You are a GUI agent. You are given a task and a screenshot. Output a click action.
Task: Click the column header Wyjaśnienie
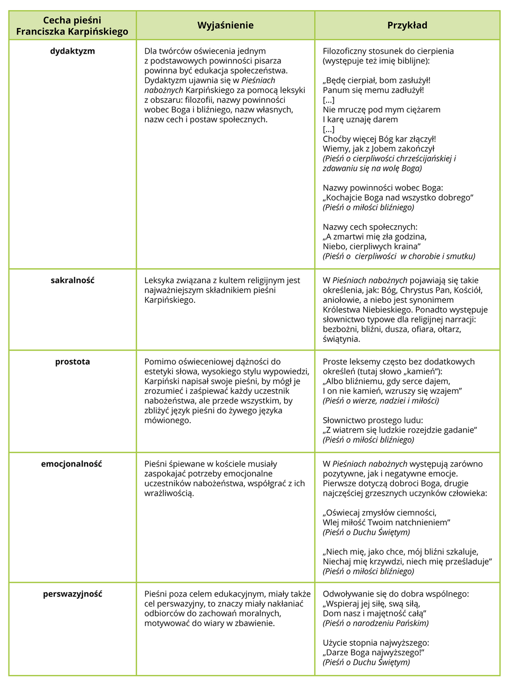(225, 25)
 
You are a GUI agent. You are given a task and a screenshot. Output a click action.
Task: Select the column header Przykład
(407, 25)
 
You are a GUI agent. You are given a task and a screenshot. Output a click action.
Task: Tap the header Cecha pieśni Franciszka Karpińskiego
(72, 26)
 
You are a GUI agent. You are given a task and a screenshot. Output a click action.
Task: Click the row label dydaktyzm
(73, 51)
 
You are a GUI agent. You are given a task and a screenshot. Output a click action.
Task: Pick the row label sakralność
(73, 280)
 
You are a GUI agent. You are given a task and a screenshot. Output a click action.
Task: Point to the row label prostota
(73, 362)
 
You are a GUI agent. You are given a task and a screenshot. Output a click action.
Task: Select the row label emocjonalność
(72, 464)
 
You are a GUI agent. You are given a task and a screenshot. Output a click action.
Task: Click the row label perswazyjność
(73, 594)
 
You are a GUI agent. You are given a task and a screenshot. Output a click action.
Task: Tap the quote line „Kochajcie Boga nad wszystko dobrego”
(398, 198)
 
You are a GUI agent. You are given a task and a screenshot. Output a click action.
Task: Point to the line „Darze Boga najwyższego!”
(373, 653)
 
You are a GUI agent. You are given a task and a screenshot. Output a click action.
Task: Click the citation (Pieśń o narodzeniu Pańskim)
(375, 623)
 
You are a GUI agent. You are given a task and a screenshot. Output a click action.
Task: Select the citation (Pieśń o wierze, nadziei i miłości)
(381, 401)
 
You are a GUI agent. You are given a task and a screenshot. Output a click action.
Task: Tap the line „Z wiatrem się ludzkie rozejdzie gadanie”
(400, 430)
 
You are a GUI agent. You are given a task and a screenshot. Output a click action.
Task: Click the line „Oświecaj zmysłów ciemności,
(380, 513)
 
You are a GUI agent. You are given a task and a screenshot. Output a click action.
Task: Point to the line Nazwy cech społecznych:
(370, 227)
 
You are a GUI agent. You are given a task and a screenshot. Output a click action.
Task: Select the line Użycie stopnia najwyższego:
(376, 643)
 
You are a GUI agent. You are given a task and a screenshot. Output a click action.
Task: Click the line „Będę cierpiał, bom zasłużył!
(376, 81)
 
